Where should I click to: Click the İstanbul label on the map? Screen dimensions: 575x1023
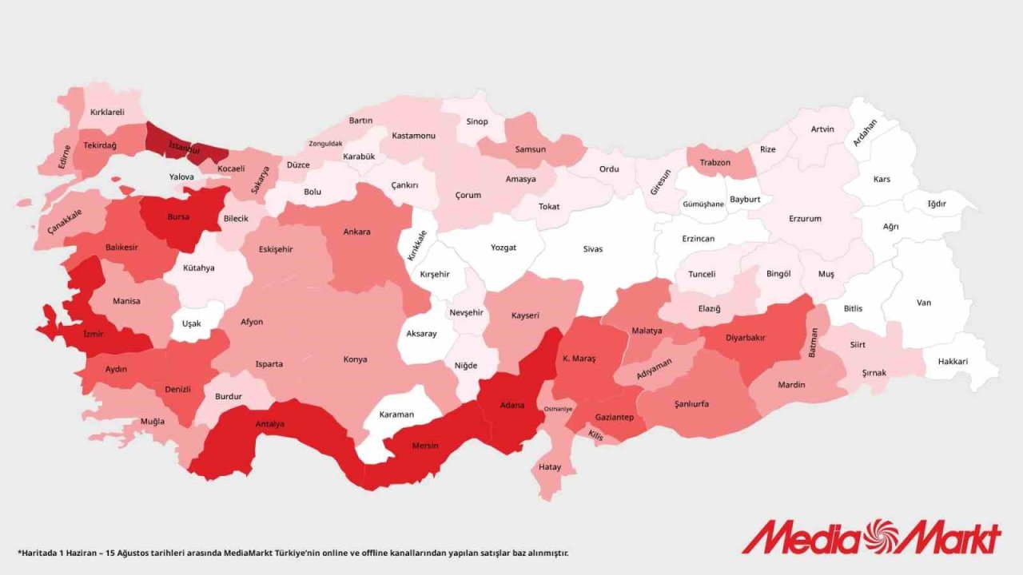tap(183, 148)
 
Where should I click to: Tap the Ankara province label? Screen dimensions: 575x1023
tap(356, 232)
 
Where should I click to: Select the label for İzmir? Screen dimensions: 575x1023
tap(94, 334)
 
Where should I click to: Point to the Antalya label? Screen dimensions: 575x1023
tap(269, 424)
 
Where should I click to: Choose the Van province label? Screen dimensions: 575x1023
tap(924, 303)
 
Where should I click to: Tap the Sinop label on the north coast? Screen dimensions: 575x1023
tap(477, 122)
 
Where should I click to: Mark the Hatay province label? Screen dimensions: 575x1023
tap(550, 467)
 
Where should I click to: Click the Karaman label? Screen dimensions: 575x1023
tap(397, 414)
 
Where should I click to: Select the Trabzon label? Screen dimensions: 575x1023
tap(715, 163)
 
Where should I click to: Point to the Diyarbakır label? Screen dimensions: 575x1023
tap(745, 338)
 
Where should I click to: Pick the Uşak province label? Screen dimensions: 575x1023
tap(191, 323)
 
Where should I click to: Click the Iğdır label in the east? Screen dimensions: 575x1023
tap(937, 204)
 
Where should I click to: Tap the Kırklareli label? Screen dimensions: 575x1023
tap(107, 113)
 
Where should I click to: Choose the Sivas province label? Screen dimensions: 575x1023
tap(592, 249)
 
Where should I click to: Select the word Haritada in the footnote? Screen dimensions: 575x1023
tap(40, 553)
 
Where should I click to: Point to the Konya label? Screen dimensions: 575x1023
tap(355, 359)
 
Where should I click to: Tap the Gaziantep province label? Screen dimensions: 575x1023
tap(615, 418)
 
